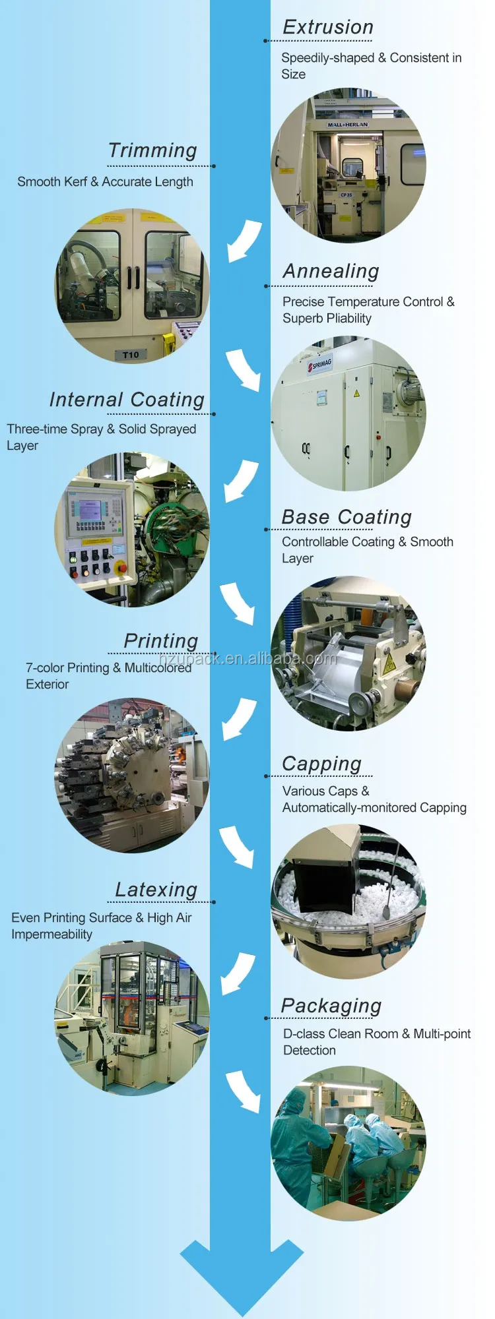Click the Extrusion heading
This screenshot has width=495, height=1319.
click(328, 27)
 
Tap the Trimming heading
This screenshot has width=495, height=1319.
click(152, 150)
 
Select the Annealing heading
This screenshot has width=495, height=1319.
click(331, 271)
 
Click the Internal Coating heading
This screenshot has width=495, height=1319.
click(127, 400)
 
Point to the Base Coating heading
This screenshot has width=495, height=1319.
click(346, 517)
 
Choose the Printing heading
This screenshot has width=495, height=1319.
click(160, 641)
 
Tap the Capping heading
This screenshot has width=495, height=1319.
click(321, 764)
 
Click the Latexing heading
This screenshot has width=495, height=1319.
click(156, 890)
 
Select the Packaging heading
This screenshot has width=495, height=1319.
click(331, 1006)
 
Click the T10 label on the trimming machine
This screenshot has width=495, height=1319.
click(131, 355)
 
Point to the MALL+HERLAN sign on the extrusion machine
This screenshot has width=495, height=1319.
click(348, 124)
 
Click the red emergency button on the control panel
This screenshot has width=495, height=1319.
click(121, 567)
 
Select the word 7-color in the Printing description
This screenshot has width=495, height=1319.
click(45, 668)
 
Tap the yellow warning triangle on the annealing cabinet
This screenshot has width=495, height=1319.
click(356, 393)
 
